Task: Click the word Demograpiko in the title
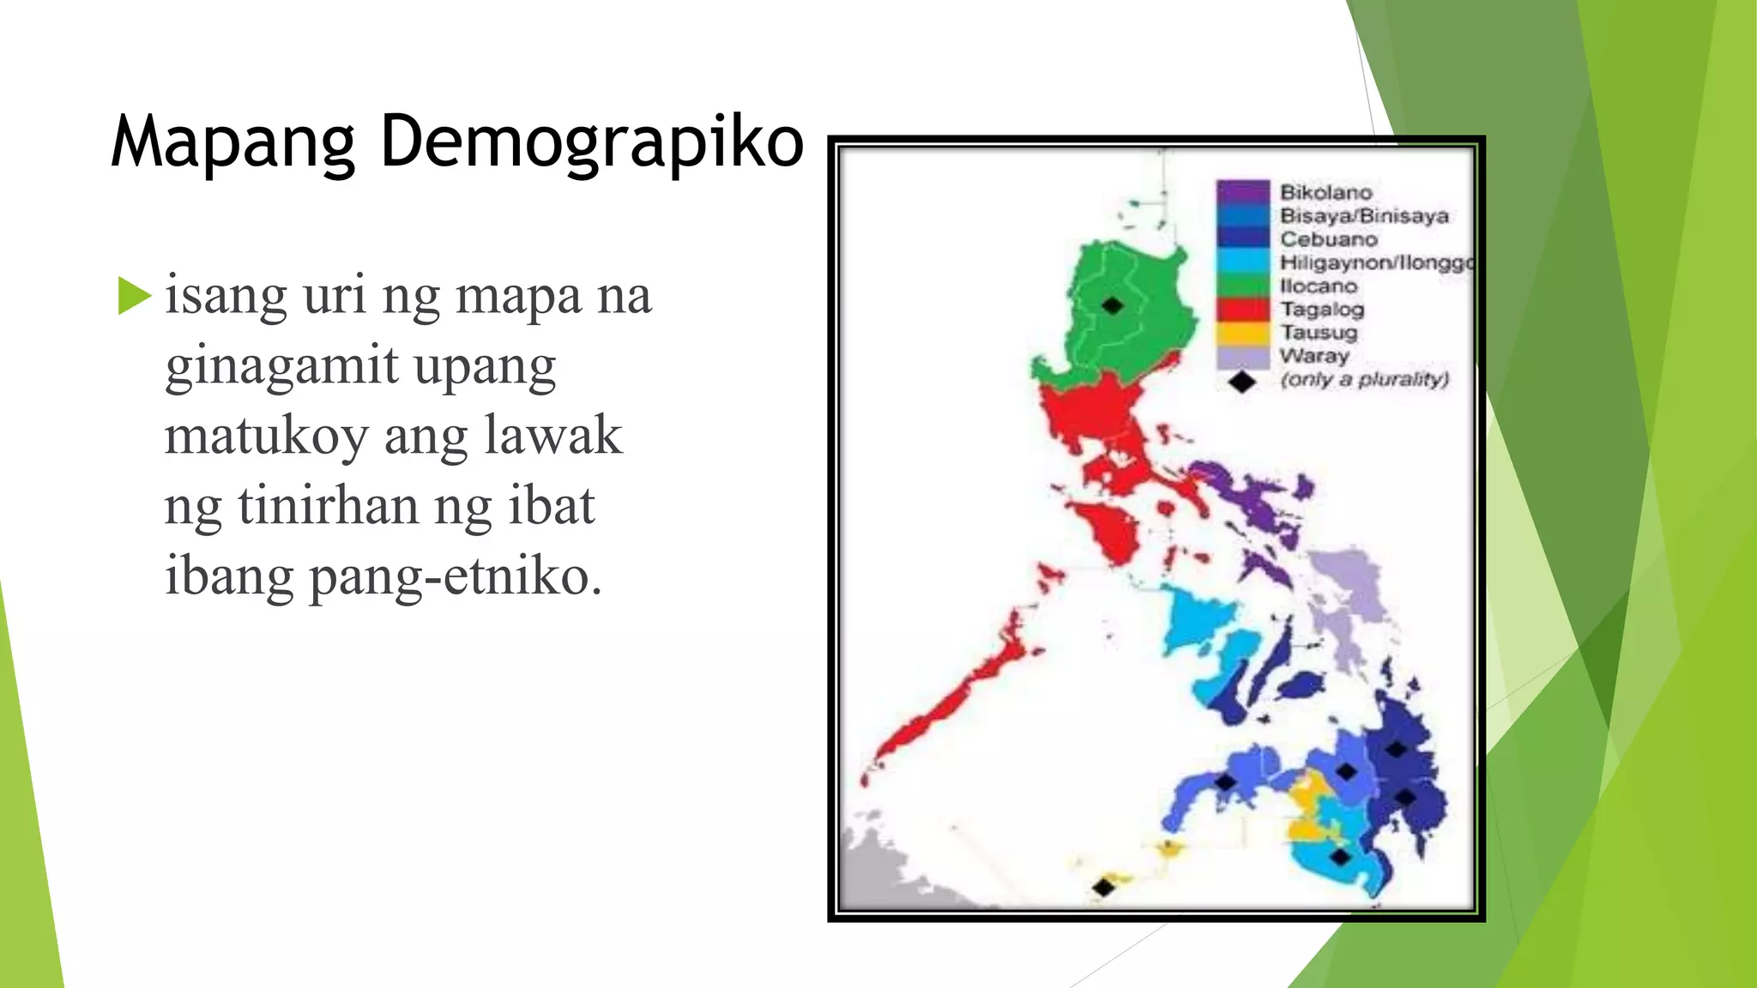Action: click(x=591, y=142)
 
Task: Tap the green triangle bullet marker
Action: click(x=134, y=296)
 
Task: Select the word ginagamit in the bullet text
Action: click(x=281, y=366)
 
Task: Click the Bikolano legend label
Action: click(x=1325, y=192)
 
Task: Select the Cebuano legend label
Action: click(x=1328, y=239)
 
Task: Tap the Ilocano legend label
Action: click(x=1319, y=286)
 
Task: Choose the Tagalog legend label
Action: click(x=1322, y=309)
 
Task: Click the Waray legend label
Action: click(x=1314, y=355)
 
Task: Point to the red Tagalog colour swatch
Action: click(x=1242, y=309)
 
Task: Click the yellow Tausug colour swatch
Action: click(x=1242, y=333)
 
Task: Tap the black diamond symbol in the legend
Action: click(x=1241, y=382)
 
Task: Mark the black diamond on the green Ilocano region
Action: click(x=1112, y=305)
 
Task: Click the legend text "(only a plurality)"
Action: click(x=1364, y=379)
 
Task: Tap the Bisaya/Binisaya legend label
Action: click(x=1364, y=215)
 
